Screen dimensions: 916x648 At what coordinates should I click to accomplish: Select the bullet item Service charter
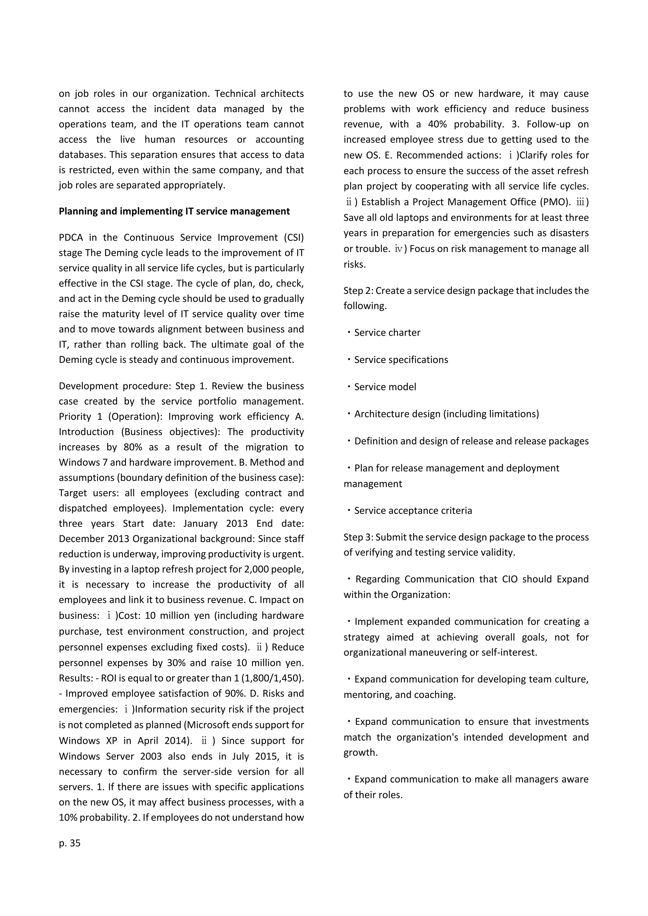point(387,332)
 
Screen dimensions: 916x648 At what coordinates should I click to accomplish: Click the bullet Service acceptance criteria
point(413,510)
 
